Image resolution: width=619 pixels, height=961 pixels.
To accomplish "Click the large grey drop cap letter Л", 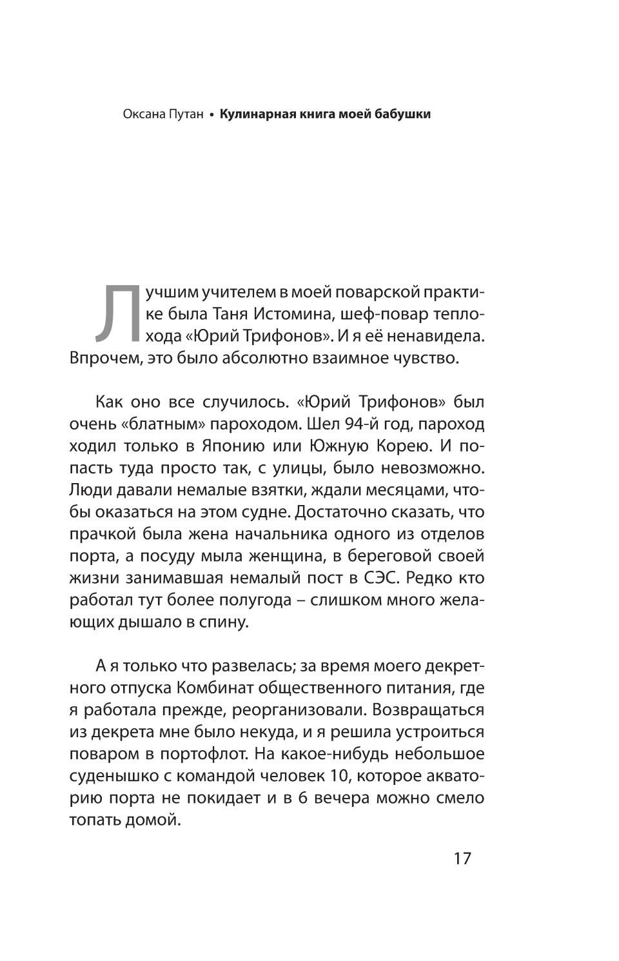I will point(116,312).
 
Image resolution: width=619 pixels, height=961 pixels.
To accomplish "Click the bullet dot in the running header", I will point(211,115).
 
